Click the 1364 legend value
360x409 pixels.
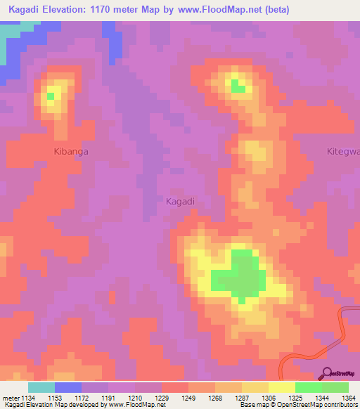[x=347, y=398]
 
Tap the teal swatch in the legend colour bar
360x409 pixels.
[x=41, y=387]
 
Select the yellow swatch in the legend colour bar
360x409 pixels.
[x=281, y=387]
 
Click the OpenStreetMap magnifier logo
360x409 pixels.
[x=327, y=373]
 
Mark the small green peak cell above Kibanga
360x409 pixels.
[x=51, y=95]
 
